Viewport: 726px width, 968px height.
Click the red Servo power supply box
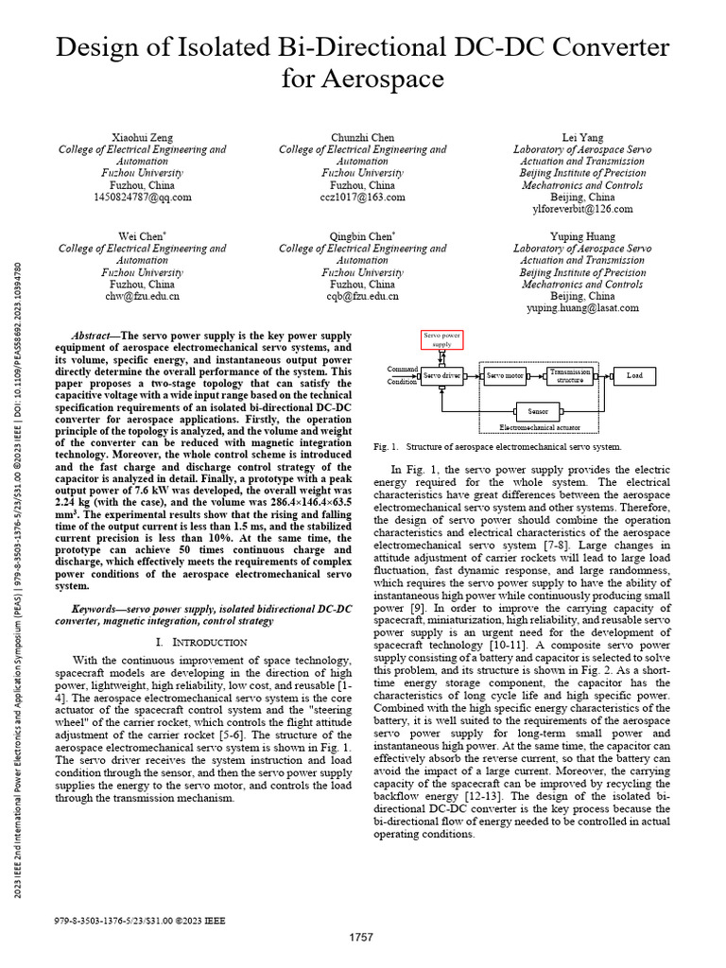tap(442, 339)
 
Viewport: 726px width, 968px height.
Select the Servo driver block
tap(441, 375)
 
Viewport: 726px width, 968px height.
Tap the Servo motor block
tap(505, 375)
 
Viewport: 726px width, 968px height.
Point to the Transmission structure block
tap(570, 375)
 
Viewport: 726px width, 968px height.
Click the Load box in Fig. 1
tap(633, 375)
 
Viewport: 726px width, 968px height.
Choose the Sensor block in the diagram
tap(538, 411)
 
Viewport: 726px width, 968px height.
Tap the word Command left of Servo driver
tap(404, 369)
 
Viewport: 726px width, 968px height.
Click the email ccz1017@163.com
tap(362, 198)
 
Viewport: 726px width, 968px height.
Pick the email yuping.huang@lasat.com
tap(582, 308)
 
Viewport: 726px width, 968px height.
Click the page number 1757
tap(362, 937)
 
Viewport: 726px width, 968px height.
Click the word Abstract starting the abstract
tap(92, 336)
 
